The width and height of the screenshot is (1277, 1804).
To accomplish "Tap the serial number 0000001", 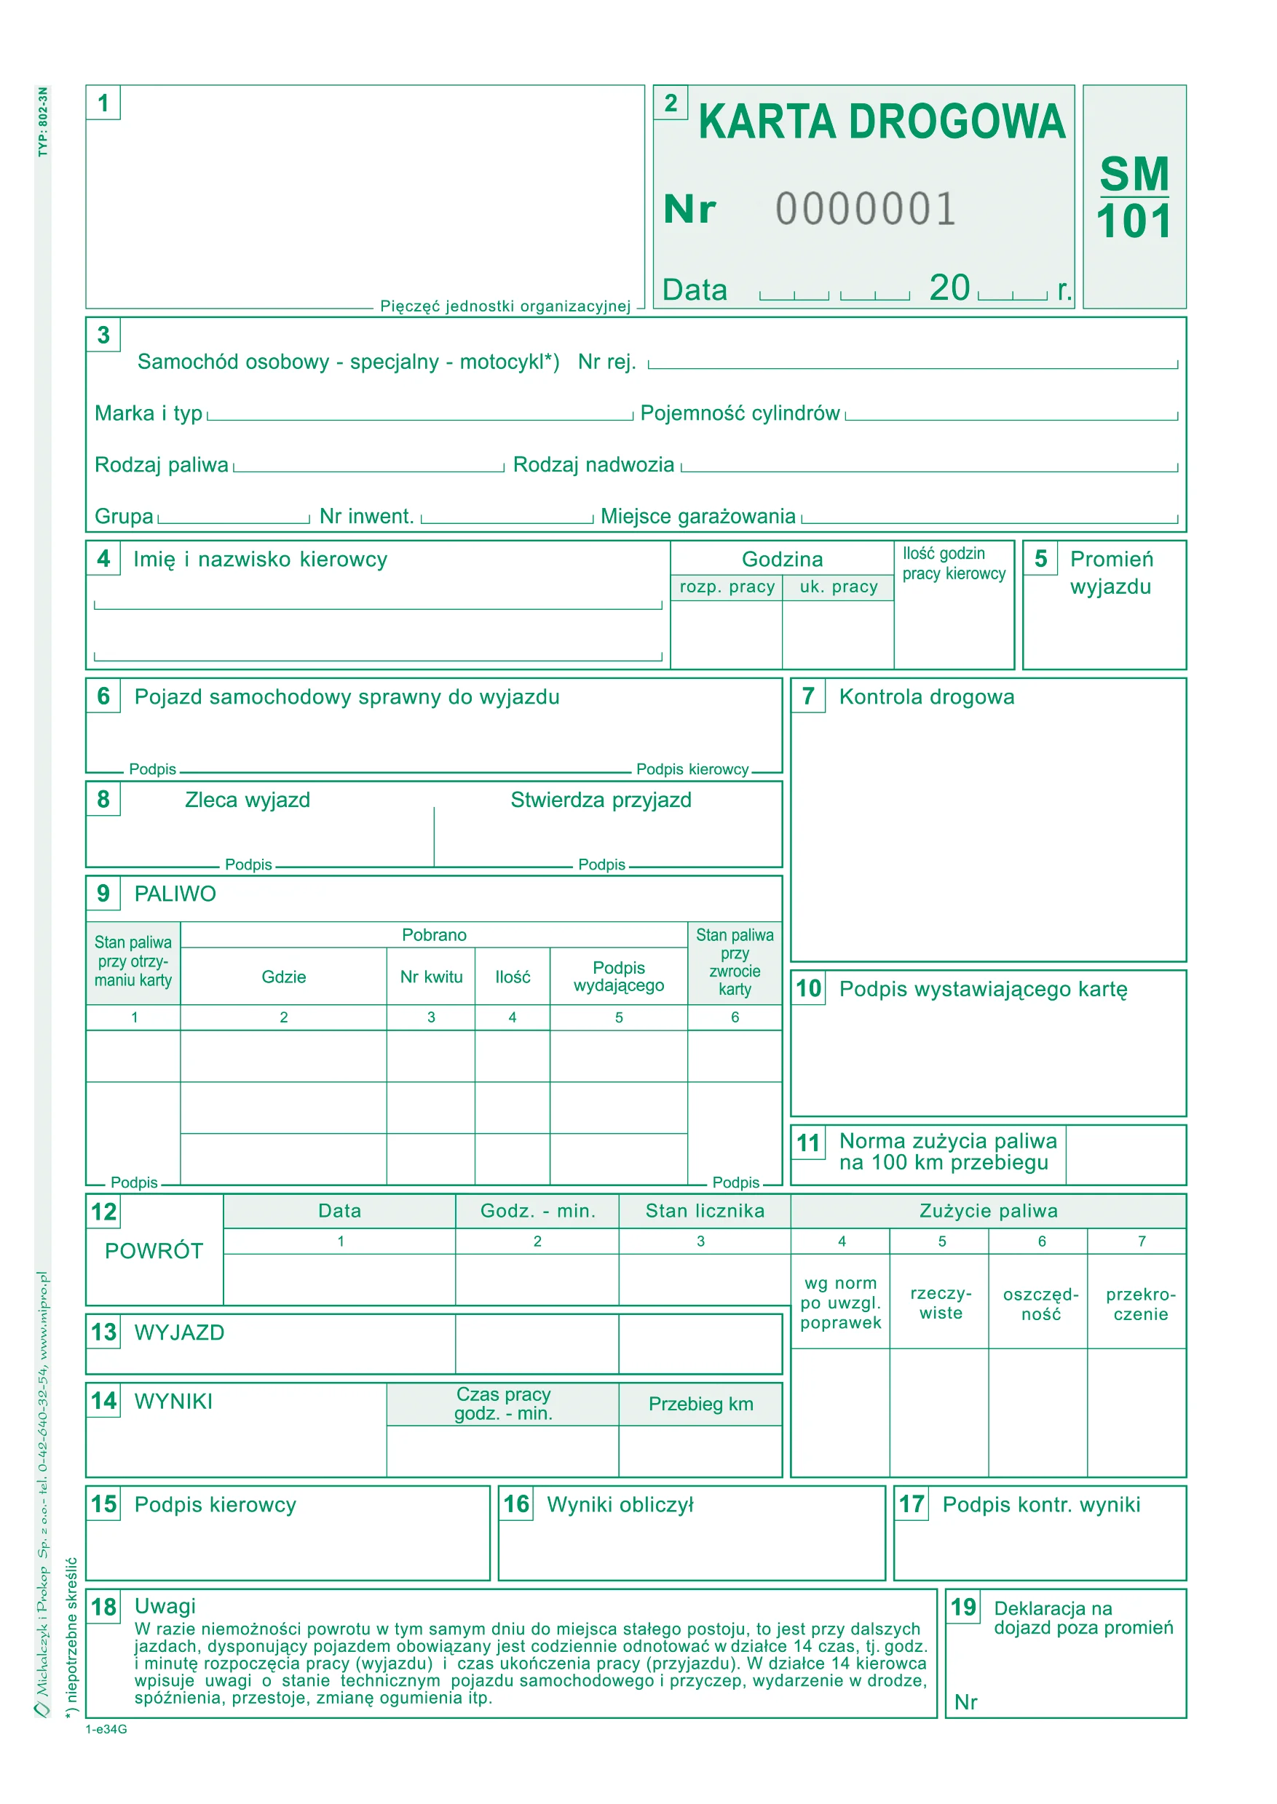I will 866,209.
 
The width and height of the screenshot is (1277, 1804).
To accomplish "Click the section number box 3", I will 103,335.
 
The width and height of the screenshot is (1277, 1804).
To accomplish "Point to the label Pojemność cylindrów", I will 740,413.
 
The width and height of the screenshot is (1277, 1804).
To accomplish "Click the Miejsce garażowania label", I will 697,517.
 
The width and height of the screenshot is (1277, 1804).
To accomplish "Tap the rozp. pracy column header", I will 727,587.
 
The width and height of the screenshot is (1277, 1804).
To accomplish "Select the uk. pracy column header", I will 838,587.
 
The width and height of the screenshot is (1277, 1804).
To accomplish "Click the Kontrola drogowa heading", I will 926,697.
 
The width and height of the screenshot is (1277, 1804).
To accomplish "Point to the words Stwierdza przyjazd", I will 601,800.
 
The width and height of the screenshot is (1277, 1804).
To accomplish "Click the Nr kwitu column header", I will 431,977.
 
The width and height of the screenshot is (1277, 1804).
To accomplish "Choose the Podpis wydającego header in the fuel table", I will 619,977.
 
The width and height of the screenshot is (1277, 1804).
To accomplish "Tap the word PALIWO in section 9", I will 175,894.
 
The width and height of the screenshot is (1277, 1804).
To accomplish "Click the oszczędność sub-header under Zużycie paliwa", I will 1040,1304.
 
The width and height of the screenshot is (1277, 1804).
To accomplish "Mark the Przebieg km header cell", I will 700,1404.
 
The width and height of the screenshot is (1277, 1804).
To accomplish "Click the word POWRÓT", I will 154,1252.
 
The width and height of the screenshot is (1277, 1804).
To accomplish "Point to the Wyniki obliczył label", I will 620,1504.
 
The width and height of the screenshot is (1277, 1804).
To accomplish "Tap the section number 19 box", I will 963,1607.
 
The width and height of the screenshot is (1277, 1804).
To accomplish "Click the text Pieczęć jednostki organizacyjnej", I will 505,306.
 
